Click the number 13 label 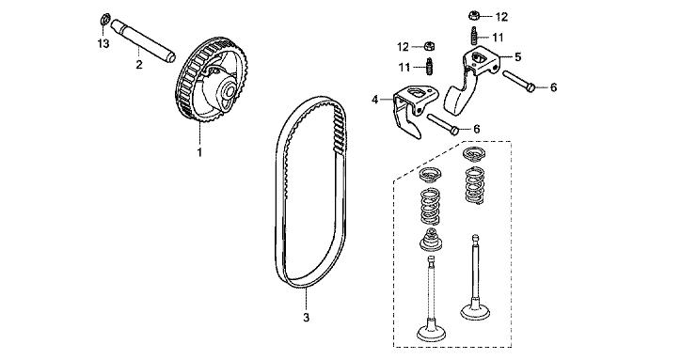tap(103, 44)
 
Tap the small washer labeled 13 tap(104, 20)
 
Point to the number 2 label tap(139, 65)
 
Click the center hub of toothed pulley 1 tap(228, 92)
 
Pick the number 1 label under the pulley tap(199, 152)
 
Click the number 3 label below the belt tap(307, 318)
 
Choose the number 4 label tap(375, 100)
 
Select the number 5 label tap(517, 57)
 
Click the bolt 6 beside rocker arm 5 tap(519, 81)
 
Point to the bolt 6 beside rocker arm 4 tap(443, 123)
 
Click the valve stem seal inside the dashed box tap(431, 240)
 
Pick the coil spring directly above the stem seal tap(431, 206)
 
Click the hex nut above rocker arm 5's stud tap(474, 17)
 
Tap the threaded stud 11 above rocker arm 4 tap(430, 67)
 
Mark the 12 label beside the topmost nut tap(501, 17)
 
